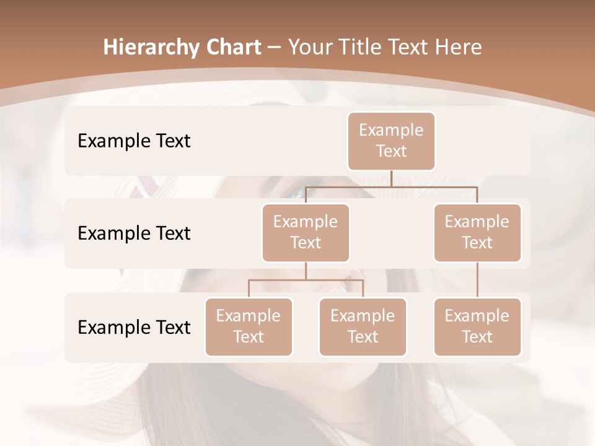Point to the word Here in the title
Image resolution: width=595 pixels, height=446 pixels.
click(x=458, y=48)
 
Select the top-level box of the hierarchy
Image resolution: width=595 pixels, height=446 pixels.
click(x=391, y=141)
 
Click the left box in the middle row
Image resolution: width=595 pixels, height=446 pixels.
click(x=306, y=232)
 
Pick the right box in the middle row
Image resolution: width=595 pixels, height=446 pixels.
click(x=477, y=232)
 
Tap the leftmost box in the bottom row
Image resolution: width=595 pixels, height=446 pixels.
click(x=249, y=326)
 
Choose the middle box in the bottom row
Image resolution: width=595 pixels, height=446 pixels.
click(x=363, y=326)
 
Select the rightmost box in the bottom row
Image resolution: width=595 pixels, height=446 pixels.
click(x=477, y=326)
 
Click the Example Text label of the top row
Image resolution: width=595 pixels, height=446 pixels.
click(x=134, y=141)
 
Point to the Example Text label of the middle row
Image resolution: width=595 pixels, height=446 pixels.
click(x=134, y=233)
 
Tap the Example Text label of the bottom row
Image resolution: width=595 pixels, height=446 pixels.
click(x=134, y=327)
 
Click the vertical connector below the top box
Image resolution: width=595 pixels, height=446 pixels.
click(x=391, y=178)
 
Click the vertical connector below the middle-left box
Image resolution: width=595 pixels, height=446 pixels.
click(x=306, y=271)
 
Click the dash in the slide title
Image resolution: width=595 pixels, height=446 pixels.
click(x=275, y=48)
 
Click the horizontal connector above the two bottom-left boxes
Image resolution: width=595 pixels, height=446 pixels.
click(x=306, y=280)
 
